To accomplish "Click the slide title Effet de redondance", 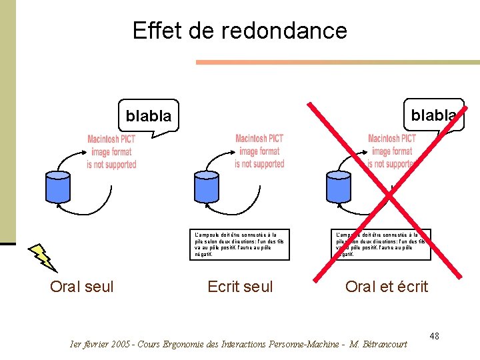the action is tap(240, 31).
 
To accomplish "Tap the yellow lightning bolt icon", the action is tap(43, 257).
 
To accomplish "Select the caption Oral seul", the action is tap(82, 287).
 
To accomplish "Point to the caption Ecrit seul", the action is tap(240, 287).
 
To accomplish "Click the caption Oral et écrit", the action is tap(387, 287).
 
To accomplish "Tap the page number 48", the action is tap(434, 335).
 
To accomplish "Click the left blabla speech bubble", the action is tap(149, 116).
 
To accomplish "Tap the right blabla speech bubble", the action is tap(433, 115).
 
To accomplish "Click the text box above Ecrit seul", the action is tap(239, 244).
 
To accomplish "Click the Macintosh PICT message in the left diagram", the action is tap(111, 152).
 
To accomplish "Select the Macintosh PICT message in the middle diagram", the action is tap(259, 151).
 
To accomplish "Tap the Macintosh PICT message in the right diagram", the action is tap(392, 151).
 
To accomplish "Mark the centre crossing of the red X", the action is tap(389, 197).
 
